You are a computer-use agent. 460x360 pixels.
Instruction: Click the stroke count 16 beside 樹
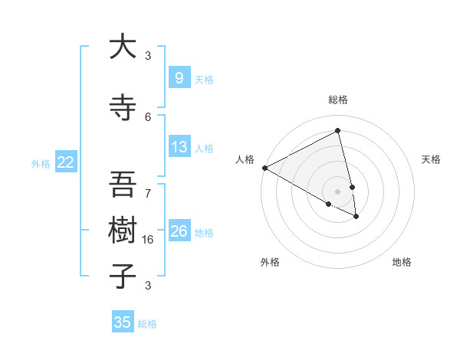click(148, 240)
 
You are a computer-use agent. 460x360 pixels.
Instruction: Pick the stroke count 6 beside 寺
click(148, 116)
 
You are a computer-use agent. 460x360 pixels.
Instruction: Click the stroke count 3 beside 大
click(148, 55)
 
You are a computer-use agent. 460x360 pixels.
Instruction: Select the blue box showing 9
click(179, 77)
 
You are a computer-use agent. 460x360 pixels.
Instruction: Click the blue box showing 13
click(179, 147)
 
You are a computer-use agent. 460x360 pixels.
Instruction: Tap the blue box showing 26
click(179, 231)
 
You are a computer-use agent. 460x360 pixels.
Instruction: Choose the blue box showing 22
click(65, 162)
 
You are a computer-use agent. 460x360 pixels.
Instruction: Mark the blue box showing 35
click(122, 322)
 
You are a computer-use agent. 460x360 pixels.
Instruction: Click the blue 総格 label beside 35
click(147, 324)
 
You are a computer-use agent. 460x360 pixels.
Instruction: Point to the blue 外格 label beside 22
click(41, 163)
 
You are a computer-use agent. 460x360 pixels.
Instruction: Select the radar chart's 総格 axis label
click(337, 100)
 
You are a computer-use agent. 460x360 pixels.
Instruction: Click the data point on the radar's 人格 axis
click(264, 167)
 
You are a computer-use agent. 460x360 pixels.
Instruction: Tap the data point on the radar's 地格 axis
click(356, 217)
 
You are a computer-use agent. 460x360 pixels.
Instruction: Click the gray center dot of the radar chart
click(337, 191)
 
